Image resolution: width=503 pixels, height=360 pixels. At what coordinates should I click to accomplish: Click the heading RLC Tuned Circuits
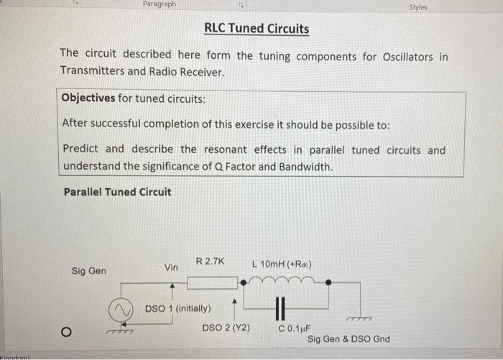pos(257,29)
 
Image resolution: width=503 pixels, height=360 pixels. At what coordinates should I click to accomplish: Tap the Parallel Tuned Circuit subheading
pos(117,192)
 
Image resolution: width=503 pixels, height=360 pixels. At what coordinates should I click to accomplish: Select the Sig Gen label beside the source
pos(89,271)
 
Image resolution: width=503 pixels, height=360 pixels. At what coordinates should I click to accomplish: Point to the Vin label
pos(171,267)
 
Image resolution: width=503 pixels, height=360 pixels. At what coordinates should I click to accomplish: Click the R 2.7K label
pos(210,262)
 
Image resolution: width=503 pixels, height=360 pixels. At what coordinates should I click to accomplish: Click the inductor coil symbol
pos(285,280)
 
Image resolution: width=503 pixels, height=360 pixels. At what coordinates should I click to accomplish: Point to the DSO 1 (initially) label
pos(177,309)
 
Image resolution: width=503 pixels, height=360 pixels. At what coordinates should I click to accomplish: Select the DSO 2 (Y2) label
pos(226,328)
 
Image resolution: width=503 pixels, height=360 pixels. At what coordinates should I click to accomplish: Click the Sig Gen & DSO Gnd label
pos(349,339)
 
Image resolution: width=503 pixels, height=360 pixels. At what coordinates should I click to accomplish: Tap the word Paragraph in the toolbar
pos(160,4)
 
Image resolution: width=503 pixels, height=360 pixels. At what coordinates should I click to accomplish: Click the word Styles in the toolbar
pos(418,7)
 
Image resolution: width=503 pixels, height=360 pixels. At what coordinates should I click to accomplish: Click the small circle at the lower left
pos(65,332)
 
